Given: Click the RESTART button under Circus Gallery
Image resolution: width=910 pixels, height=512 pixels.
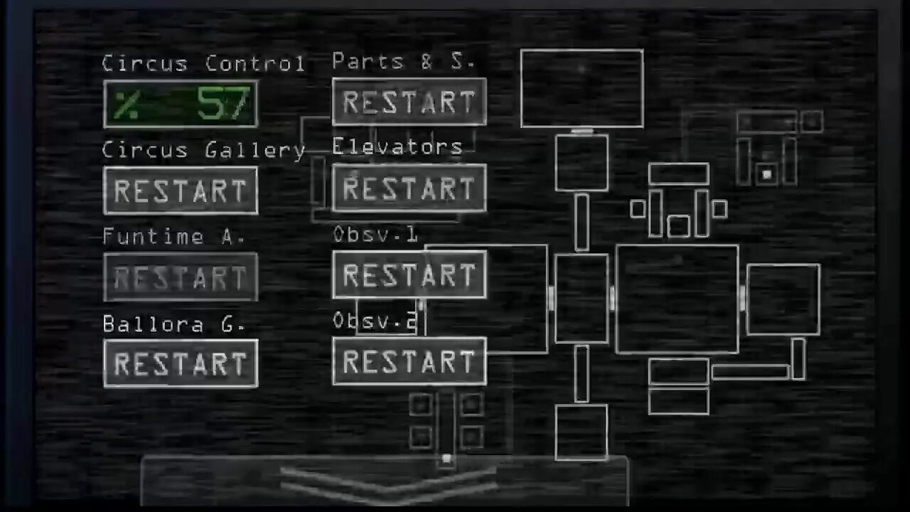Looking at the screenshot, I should (x=181, y=191).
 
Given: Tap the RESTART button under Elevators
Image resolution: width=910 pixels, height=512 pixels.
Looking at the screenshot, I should (x=409, y=188).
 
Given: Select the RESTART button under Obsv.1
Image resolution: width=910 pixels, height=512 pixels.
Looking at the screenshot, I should (x=409, y=274).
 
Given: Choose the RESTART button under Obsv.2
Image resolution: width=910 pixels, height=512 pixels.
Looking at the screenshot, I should (x=409, y=362).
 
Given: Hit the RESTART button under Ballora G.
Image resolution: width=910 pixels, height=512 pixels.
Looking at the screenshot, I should (x=181, y=363).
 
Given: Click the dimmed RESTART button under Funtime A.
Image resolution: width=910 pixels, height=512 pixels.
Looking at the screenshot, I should (x=181, y=277).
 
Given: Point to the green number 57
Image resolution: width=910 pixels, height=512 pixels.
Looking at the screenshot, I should (x=223, y=104).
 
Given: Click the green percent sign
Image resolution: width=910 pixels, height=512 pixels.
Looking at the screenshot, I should (x=127, y=105).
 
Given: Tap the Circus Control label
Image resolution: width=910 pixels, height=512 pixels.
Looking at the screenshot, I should (x=203, y=63).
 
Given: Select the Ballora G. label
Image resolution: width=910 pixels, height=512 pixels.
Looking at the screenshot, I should (x=174, y=324).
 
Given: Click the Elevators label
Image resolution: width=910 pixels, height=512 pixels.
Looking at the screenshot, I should (x=397, y=147).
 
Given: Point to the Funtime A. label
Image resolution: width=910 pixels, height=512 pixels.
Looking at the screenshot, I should (x=174, y=236).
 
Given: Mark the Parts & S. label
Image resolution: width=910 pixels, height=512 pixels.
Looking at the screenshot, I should (x=403, y=62).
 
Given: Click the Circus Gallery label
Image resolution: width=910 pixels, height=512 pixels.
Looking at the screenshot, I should (x=203, y=150).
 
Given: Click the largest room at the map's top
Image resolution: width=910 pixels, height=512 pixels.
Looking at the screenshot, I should (x=582, y=88).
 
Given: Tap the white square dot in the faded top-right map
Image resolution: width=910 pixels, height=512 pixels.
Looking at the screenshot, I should (x=766, y=174).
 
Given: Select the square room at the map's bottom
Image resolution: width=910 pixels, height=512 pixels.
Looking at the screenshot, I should (x=581, y=432).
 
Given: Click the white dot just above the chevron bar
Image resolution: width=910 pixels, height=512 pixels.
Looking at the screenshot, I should (x=446, y=459).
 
